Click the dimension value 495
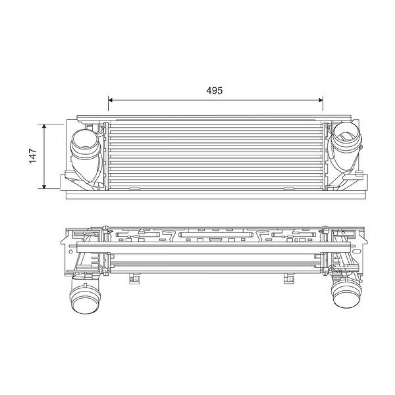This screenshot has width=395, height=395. coord(214,90)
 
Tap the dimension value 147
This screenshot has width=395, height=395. coord(32,156)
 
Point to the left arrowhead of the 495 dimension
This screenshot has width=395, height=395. coord(110,100)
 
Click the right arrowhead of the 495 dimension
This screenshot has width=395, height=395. coord(321,100)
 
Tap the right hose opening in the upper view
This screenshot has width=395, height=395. coord(346,135)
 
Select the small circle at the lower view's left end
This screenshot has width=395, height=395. coord(70,250)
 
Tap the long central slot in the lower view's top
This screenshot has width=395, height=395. coord(215,235)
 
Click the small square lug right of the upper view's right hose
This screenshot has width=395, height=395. coord(360,173)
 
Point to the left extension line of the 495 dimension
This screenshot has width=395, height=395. coord(108,109)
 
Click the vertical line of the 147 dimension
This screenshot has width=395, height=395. coord(44,156)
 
